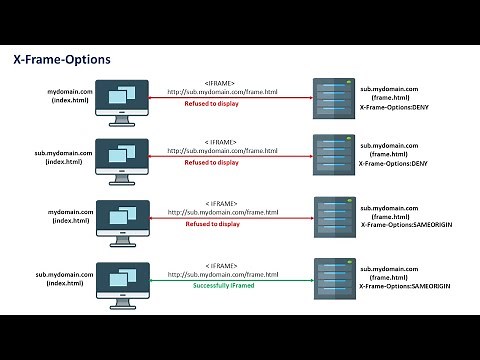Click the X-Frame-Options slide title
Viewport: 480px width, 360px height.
click(62, 60)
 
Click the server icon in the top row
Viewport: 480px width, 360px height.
click(334, 98)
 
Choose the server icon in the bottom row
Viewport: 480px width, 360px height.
click(334, 277)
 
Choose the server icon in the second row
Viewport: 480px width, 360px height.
click(334, 155)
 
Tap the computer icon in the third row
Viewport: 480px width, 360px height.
click(122, 217)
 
